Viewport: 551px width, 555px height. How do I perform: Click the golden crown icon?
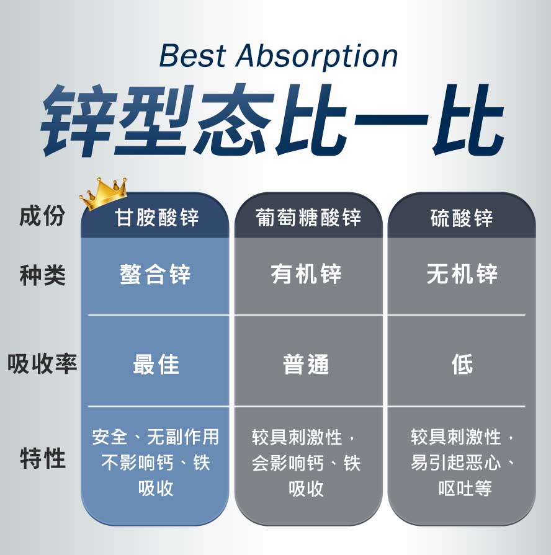click(x=103, y=193)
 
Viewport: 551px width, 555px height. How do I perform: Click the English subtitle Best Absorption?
click(x=279, y=56)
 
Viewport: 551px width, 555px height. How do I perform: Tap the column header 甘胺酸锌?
click(x=157, y=218)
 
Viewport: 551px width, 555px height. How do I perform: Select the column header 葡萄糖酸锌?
click(x=308, y=218)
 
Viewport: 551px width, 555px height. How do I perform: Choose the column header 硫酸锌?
click(x=462, y=218)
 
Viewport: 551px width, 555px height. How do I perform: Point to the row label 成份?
click(x=42, y=216)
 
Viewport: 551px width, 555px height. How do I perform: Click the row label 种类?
click(x=42, y=275)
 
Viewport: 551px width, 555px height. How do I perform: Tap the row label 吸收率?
click(x=42, y=363)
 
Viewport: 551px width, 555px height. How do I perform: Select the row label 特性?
click(x=42, y=460)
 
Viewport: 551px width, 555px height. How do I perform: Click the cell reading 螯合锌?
click(x=155, y=274)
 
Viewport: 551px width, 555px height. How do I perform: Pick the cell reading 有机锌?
click(x=307, y=274)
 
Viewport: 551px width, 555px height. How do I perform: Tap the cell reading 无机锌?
click(x=462, y=274)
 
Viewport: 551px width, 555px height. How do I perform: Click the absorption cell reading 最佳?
click(x=156, y=365)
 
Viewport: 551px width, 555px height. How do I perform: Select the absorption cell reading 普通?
click(x=307, y=365)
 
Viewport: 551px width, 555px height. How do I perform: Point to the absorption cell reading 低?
click(x=462, y=365)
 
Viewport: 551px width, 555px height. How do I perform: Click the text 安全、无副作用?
click(x=155, y=437)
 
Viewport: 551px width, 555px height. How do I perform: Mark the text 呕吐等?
click(x=465, y=488)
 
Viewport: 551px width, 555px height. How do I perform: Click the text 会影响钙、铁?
click(x=306, y=463)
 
